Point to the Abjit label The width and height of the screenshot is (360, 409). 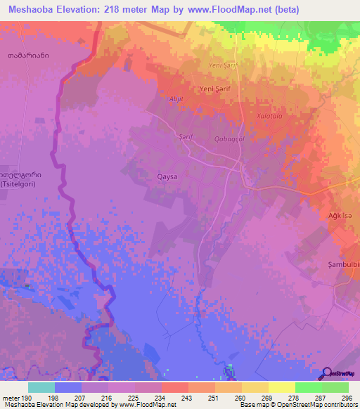176,99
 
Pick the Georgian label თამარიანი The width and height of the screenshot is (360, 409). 29,55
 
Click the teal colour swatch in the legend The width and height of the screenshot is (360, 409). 41,387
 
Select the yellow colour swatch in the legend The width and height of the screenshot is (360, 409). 281,387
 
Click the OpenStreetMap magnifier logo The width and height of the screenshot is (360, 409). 327,373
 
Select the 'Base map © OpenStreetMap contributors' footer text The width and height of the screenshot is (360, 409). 297,405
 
